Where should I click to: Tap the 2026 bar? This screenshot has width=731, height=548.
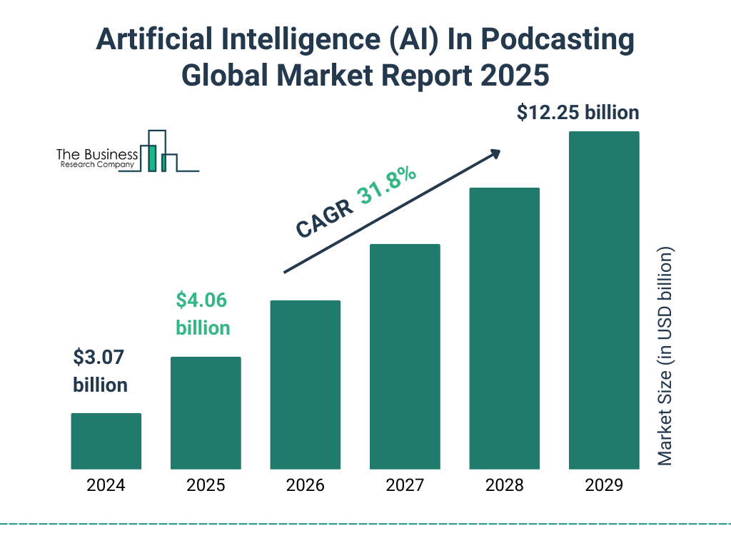(305, 385)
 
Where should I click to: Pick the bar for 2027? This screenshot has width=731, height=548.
(405, 357)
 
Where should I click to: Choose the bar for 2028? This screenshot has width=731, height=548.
(504, 328)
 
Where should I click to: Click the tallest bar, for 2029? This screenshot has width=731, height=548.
(604, 300)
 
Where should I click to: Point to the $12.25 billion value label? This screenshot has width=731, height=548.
(578, 113)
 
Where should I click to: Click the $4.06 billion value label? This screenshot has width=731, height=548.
(203, 314)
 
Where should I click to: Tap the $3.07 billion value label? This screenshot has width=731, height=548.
(100, 371)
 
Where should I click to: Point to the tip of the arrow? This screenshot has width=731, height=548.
(500, 151)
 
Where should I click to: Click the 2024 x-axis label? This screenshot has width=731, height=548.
(106, 486)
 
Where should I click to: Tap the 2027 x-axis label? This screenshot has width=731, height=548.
(405, 486)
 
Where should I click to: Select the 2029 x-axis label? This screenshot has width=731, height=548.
(604, 486)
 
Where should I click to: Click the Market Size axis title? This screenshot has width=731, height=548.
(665, 357)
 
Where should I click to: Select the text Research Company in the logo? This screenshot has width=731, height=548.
(97, 165)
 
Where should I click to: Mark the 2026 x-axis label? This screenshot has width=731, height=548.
(305, 486)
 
